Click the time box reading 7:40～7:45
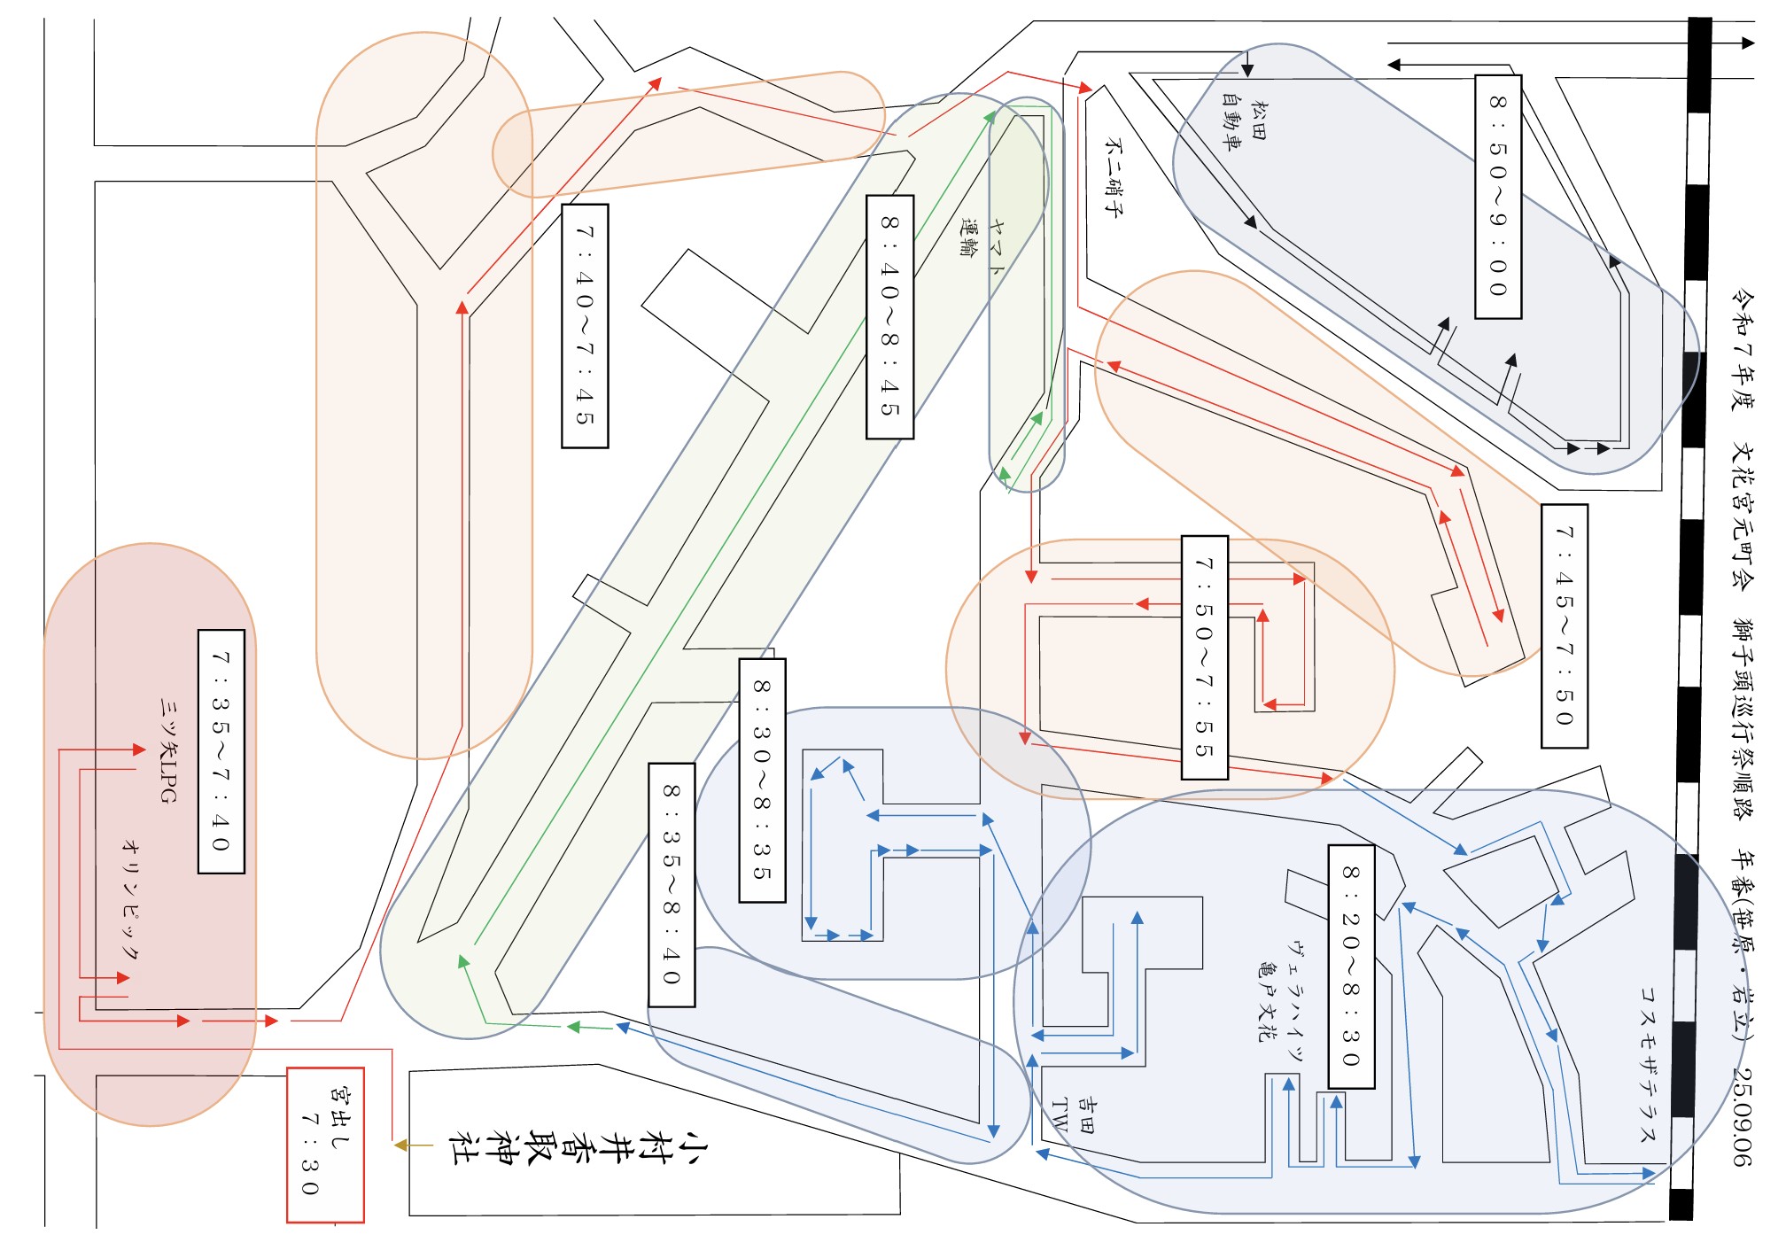(x=585, y=326)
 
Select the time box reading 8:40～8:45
(x=889, y=317)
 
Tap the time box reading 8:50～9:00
(x=1498, y=197)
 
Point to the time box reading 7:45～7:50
(x=1565, y=626)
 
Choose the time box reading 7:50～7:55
(x=1205, y=657)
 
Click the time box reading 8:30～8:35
(x=762, y=780)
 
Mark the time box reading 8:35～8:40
(x=672, y=884)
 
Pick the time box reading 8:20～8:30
(x=1351, y=967)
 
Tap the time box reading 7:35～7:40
(x=221, y=751)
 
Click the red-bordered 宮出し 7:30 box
(x=325, y=1145)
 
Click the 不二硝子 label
(x=1114, y=177)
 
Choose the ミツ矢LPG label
(x=168, y=749)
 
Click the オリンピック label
(x=130, y=899)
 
